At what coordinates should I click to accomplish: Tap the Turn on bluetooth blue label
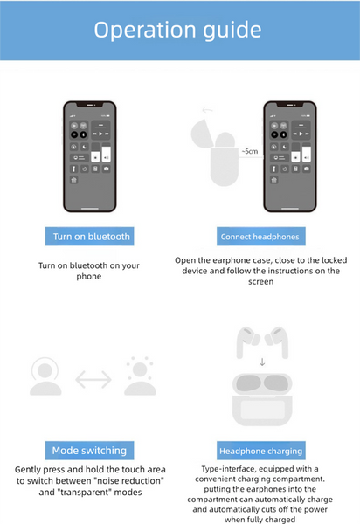pos(92,236)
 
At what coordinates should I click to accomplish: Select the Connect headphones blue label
pos(260,237)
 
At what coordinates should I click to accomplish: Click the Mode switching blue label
pos(89,451)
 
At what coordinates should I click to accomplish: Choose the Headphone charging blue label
pos(261,451)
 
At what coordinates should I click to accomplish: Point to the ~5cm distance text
pos(249,151)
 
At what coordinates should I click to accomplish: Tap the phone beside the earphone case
pos(288,155)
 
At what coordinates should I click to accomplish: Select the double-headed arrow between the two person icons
pos(93,379)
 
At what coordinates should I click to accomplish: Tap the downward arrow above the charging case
pos(262,361)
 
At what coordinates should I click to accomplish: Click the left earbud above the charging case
pos(246,341)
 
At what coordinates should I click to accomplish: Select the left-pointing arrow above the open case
pos(207,110)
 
